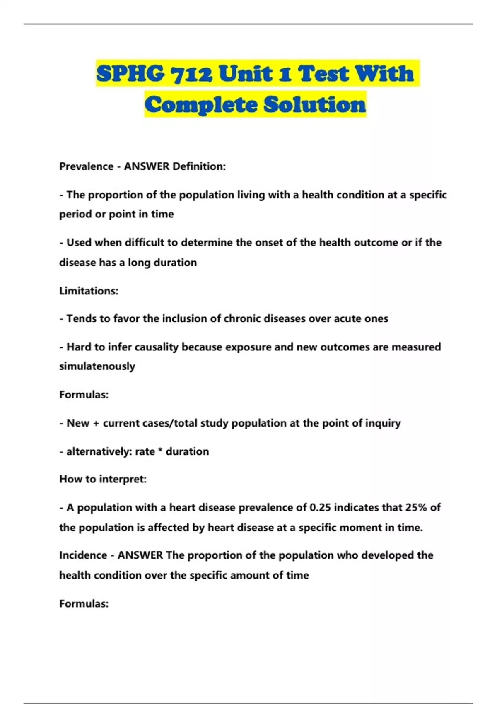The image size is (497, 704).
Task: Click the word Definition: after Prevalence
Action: [199, 166]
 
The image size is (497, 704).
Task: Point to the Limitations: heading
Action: [89, 291]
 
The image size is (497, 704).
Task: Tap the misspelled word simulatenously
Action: [97, 366]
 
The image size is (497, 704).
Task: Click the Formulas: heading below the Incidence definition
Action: [84, 604]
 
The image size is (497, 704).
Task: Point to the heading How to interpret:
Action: [103, 480]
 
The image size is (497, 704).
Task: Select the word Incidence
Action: [83, 555]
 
